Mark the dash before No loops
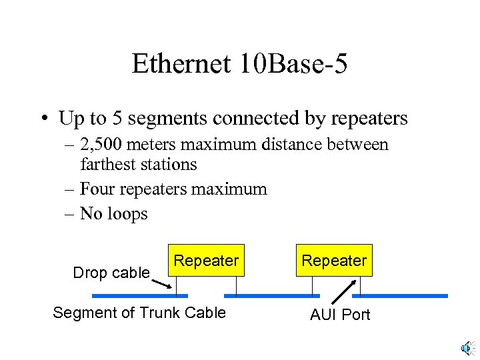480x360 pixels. pos(70,214)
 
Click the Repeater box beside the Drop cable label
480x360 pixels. pos(206,261)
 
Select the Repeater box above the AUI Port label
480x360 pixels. pos(334,261)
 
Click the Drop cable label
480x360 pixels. pos(111,273)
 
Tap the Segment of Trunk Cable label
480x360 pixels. pos(139,313)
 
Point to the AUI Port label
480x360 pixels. pos(340,315)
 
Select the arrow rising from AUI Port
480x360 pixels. pos(343,292)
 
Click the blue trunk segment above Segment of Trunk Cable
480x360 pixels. pos(140,295)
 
